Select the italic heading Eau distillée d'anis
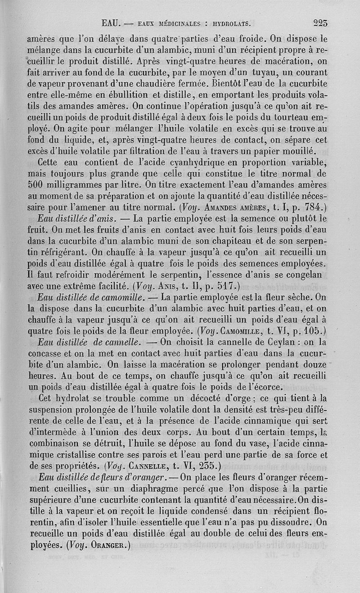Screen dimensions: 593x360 point(78,219)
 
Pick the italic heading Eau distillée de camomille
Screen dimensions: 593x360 point(91,296)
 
